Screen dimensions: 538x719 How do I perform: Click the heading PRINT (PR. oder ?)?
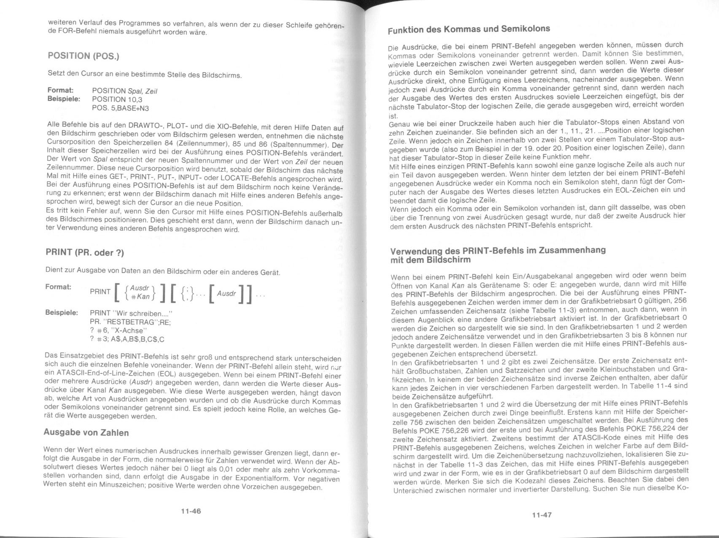point(85,252)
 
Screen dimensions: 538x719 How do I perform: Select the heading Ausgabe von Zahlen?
point(86,433)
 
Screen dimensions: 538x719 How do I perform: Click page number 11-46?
point(191,511)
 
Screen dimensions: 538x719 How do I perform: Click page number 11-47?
point(541,514)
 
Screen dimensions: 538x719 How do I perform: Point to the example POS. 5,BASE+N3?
point(120,108)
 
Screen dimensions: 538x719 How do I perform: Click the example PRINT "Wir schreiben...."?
point(132,314)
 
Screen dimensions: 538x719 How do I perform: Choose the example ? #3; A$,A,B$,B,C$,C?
point(127,339)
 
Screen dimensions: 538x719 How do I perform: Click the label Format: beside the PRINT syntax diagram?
point(58,287)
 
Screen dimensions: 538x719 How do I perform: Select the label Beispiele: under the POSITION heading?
point(63,99)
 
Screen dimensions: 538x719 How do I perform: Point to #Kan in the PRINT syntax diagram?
point(140,296)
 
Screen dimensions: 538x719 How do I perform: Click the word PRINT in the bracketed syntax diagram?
point(100,292)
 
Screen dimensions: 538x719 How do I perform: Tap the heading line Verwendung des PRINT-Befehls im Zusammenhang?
point(498,250)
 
